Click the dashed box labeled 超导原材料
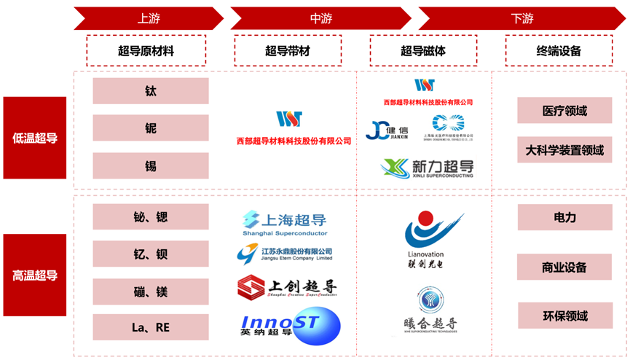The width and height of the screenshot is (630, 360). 146,51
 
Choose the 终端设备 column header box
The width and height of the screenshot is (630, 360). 559,51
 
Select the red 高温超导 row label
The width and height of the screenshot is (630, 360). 35,275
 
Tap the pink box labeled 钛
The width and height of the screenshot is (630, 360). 151,91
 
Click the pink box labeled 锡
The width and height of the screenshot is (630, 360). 151,166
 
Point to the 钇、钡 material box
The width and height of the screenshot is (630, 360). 151,254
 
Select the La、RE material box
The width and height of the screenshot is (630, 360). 151,328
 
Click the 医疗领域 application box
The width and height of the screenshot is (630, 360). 564,111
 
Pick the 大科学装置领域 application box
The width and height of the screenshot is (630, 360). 564,151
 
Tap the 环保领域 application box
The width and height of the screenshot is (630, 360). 564,316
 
